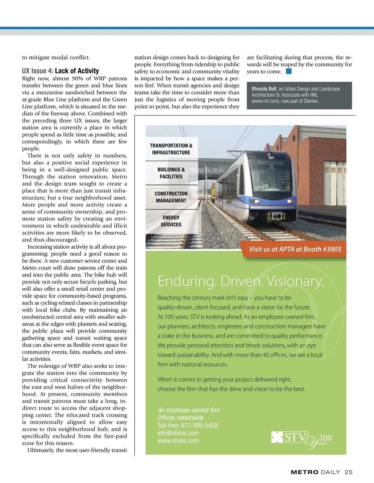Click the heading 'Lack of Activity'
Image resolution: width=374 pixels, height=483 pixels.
[x=77, y=71]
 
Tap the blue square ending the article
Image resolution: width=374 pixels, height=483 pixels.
[x=289, y=72]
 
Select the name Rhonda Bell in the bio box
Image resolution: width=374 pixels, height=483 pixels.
[x=264, y=89]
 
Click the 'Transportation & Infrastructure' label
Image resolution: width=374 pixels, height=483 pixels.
[x=171, y=149]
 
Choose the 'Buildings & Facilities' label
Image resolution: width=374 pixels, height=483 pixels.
[x=171, y=173]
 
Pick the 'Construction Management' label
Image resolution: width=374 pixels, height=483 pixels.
[x=171, y=197]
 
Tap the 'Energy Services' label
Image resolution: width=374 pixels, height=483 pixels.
[x=171, y=221]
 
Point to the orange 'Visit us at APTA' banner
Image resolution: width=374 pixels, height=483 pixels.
[x=295, y=249]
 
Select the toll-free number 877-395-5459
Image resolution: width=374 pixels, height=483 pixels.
[x=199, y=425]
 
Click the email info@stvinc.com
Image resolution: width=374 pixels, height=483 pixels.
[x=178, y=433]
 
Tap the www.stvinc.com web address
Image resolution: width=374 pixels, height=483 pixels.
[x=178, y=440]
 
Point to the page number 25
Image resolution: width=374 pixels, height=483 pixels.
[x=348, y=472]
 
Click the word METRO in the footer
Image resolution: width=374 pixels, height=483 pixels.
[x=304, y=472]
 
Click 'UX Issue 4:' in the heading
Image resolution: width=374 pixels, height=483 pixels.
[x=37, y=71]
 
